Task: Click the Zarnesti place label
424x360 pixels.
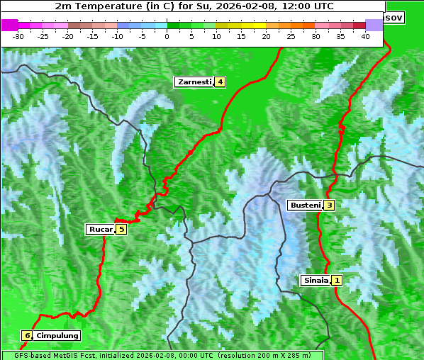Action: click(x=194, y=82)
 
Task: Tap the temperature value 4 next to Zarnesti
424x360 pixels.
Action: click(x=221, y=82)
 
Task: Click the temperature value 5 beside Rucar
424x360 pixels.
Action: click(x=121, y=229)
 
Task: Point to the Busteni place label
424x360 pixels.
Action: click(x=304, y=206)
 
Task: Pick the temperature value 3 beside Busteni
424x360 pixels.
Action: click(x=329, y=206)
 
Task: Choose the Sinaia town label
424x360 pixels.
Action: click(x=316, y=280)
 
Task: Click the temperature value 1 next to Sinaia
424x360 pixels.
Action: click(x=337, y=280)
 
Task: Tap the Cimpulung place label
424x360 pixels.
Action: click(x=57, y=335)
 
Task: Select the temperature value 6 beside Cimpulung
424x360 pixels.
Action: click(x=27, y=335)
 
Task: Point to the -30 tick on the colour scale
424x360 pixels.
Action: click(x=18, y=35)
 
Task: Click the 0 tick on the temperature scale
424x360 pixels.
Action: click(x=167, y=35)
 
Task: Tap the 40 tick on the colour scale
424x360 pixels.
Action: click(x=365, y=35)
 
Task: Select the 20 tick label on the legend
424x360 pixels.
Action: click(x=267, y=35)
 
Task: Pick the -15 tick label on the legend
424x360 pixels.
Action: click(x=93, y=35)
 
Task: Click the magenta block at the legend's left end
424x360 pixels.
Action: click(x=9, y=26)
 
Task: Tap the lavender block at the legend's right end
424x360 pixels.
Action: click(x=374, y=26)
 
